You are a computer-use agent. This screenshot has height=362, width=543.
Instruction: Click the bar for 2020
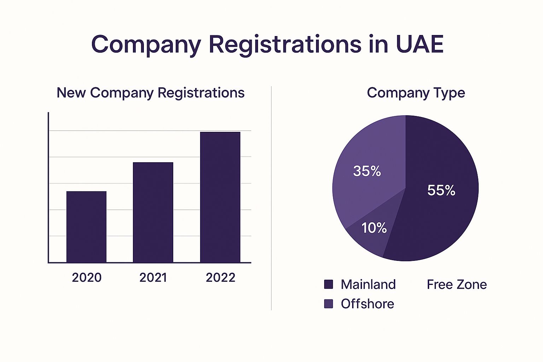pos(86,227)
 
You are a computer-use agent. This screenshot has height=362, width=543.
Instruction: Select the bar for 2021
pos(153,212)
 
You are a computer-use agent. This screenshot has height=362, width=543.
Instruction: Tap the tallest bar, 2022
pos(220,197)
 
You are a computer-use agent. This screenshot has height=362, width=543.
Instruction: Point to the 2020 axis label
pos(87,278)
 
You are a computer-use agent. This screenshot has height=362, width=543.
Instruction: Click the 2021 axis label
pos(153,278)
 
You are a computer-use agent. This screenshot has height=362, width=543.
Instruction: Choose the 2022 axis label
pos(220,278)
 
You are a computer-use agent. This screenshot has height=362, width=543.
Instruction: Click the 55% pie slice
pos(438,219)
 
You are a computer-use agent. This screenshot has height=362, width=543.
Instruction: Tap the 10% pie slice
pos(368,240)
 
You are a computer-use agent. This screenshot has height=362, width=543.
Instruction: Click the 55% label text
pos(441,191)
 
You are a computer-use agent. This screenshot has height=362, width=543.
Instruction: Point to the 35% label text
pos(367,171)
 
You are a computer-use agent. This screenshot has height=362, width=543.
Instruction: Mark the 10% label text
pos(374,228)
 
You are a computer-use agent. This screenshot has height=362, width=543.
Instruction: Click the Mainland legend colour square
pos(328,284)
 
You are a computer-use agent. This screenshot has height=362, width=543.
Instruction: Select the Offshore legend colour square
pos(328,304)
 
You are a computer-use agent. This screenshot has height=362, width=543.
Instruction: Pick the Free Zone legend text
pos(457,284)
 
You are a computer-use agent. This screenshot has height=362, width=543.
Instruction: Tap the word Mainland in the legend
pos(368,284)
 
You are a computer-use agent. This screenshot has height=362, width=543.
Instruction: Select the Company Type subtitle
pos(416,93)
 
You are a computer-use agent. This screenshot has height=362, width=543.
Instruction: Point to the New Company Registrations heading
pos(151,93)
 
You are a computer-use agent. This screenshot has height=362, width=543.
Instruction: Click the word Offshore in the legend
pos(367,304)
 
